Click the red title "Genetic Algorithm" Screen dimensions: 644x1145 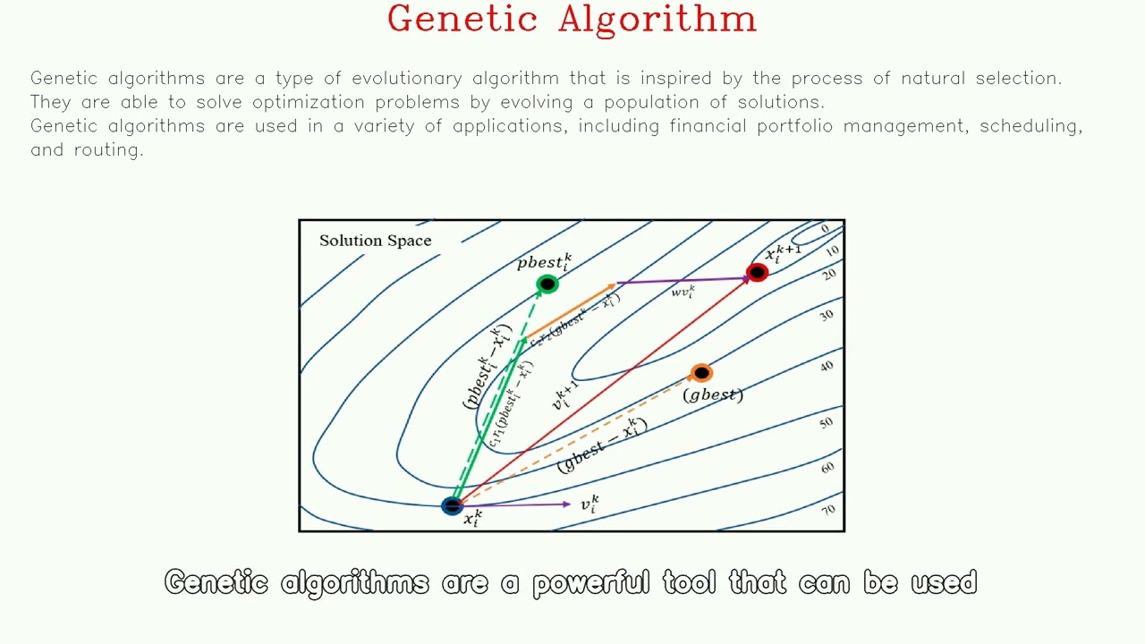pyautogui.click(x=572, y=20)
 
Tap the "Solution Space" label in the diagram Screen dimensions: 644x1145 pyautogui.click(x=375, y=241)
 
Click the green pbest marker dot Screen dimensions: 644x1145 pyautogui.click(x=547, y=284)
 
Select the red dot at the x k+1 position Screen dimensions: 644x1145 pyautogui.click(x=757, y=273)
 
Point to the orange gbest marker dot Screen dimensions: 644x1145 pyautogui.click(x=701, y=373)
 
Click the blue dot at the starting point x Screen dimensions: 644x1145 pyautogui.click(x=453, y=506)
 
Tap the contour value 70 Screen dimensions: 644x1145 pyautogui.click(x=828, y=510)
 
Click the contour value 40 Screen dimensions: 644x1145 pyautogui.click(x=826, y=366)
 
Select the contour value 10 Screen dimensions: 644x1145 pyautogui.click(x=832, y=252)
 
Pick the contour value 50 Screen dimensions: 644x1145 pyautogui.click(x=826, y=422)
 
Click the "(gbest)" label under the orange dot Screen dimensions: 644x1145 pyautogui.click(x=713, y=394)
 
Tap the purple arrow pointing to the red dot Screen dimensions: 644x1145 pyautogui.click(x=684, y=281)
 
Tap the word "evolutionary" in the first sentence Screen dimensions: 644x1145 pyautogui.click(x=406, y=79)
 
